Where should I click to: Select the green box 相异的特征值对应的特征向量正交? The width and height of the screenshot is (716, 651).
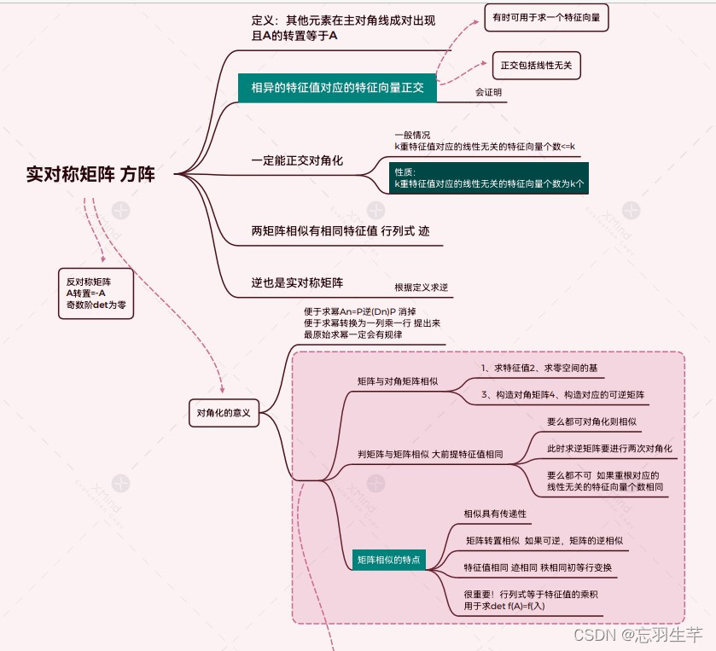point(337,87)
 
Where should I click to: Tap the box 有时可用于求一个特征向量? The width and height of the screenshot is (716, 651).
point(546,18)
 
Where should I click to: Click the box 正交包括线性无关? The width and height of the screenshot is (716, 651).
point(537,65)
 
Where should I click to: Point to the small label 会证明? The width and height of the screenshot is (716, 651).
point(489,92)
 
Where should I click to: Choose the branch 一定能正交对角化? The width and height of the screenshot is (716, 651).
point(297,160)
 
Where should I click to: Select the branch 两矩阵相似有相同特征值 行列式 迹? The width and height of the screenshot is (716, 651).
point(345,231)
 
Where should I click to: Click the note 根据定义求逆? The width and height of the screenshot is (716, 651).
point(421,288)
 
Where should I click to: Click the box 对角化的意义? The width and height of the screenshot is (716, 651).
point(224,413)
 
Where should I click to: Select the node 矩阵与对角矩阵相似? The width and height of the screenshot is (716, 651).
point(398,381)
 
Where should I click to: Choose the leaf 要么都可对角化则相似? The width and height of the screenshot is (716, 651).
point(591,421)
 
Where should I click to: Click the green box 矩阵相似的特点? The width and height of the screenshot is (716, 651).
point(389,560)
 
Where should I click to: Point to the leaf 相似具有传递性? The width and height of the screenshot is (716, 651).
point(495,514)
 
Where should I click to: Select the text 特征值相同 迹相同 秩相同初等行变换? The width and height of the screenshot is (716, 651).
point(538,568)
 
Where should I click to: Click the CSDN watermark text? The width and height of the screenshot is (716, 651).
point(637,636)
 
